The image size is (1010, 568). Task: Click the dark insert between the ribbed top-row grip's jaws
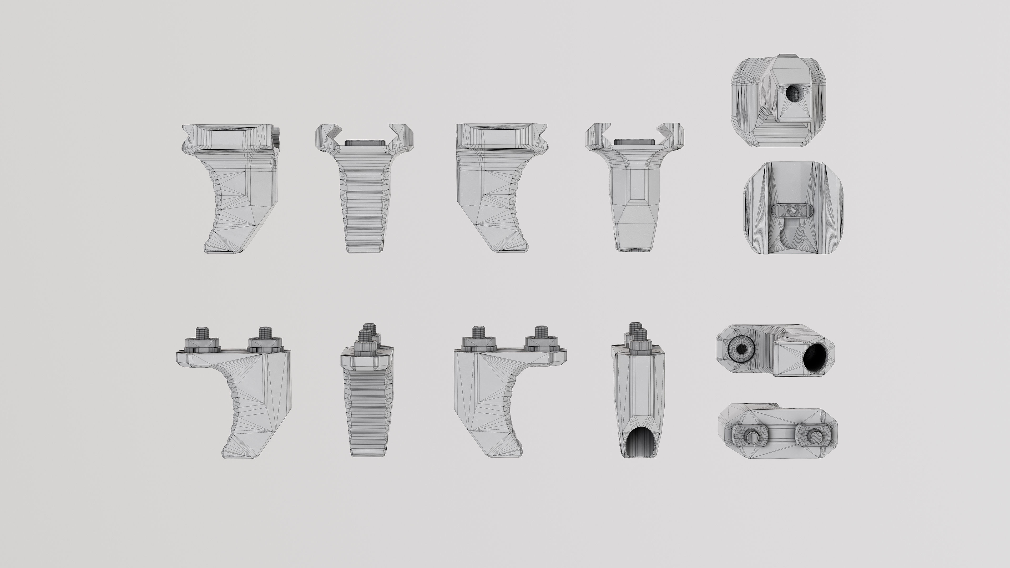(x=364, y=142)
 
